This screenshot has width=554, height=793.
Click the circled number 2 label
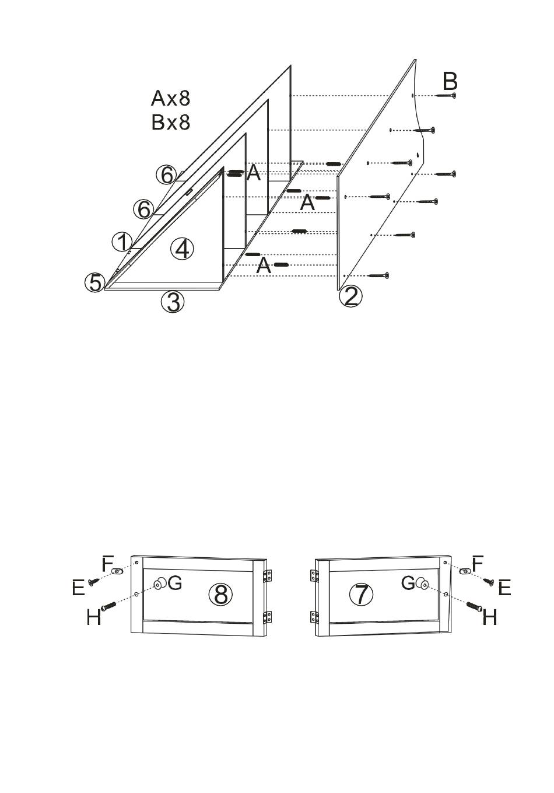coord(350,296)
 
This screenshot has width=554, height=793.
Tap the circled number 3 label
coord(173,302)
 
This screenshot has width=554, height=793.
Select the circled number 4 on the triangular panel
coord(182,249)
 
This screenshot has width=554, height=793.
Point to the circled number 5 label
coord(95,282)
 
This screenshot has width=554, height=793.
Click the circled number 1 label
coord(122,243)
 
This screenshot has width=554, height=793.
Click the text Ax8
coord(170,98)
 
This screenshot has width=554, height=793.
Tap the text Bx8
coord(171,122)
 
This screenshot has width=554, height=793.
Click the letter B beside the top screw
coord(450,82)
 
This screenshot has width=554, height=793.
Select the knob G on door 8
coord(160,583)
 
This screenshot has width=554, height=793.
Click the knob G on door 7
coord(422,583)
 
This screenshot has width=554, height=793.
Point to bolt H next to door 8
coord(108,606)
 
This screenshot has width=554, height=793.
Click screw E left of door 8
coord(93,581)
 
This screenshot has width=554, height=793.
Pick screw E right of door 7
coord(489,581)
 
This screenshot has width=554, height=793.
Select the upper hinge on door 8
coord(268,575)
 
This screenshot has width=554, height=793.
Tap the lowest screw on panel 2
coord(379,275)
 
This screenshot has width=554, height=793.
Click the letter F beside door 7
coord(477,563)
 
